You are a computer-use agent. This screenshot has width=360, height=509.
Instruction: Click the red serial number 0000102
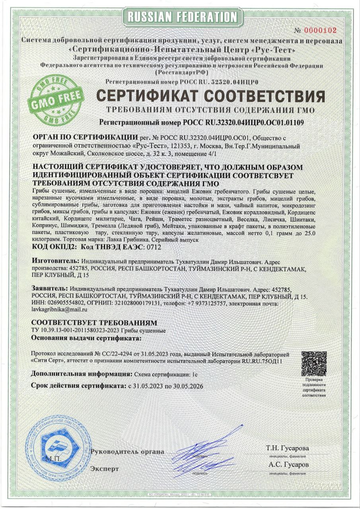click(x=321, y=30)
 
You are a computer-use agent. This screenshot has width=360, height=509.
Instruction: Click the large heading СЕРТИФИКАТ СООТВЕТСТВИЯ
click(x=210, y=96)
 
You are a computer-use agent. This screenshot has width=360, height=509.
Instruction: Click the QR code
click(x=314, y=364)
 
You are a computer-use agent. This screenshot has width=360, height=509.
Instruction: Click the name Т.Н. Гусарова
click(x=287, y=448)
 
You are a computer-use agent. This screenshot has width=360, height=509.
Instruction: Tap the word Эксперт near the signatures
click(x=105, y=469)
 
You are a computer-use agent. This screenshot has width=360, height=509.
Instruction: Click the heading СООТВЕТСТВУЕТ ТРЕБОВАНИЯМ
click(x=94, y=322)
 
